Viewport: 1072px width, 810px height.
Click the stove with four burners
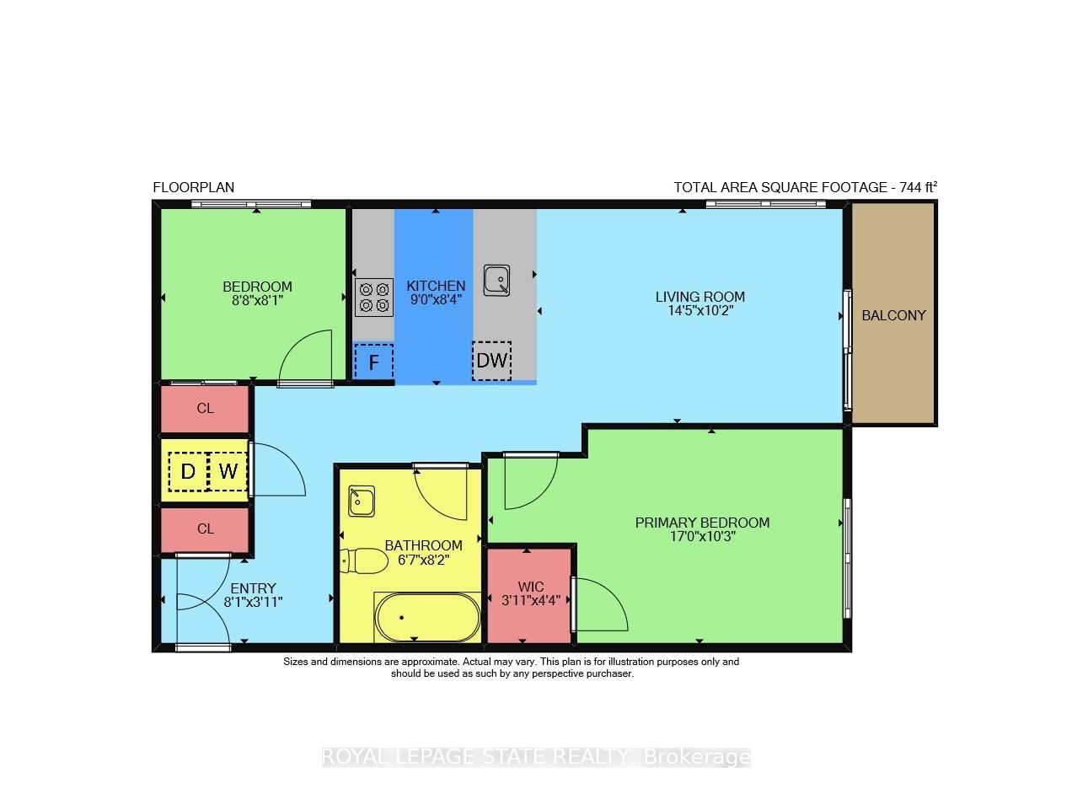point(374,297)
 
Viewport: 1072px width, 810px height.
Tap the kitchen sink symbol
point(496,280)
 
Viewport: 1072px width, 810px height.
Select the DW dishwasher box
point(491,361)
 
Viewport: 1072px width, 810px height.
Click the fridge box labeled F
point(373,363)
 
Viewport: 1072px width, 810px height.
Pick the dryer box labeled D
point(188,472)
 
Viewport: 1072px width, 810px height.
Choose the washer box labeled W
point(228,472)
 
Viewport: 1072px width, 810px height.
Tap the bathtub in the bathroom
point(427,618)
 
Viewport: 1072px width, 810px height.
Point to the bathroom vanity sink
point(362,501)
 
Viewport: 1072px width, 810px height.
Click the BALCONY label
point(893,315)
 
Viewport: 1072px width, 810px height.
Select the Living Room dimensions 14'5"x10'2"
point(700,310)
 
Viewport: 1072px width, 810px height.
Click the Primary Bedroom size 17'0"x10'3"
point(702,536)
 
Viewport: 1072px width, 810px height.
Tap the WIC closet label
point(531,587)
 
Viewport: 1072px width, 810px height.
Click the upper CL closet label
point(205,408)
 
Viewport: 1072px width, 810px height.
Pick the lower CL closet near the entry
point(205,528)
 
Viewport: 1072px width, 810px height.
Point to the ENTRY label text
point(253,588)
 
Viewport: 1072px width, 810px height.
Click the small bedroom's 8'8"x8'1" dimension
point(257,299)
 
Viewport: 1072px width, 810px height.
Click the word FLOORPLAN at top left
point(193,187)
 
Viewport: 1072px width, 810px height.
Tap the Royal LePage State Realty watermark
point(536,757)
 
